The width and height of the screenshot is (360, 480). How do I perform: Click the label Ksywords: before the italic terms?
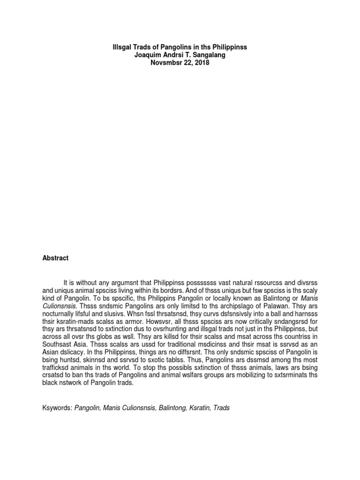click(56, 408)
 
